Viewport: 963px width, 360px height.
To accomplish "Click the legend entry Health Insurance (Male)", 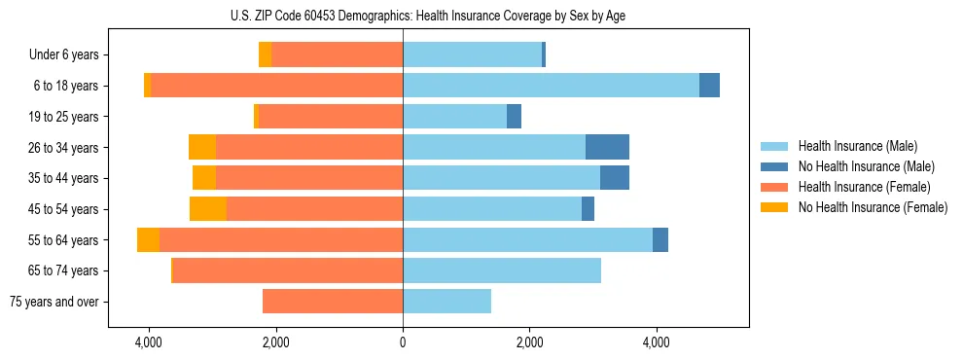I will point(857,146).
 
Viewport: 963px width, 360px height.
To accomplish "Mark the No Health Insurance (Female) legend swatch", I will point(775,207).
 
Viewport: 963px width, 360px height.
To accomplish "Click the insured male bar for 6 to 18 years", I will point(551,86).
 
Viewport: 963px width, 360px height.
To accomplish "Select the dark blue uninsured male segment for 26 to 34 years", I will point(607,147).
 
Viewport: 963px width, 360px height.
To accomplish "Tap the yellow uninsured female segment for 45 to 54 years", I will point(208,208).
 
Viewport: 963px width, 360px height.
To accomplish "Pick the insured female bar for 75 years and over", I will point(333,302).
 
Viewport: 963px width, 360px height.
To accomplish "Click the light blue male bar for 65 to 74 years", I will point(502,270).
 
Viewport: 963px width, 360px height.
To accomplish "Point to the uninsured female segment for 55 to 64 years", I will point(148,239).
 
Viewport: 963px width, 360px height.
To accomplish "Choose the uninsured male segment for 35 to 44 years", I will point(615,178).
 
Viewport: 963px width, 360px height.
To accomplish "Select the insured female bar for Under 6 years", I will point(337,55).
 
